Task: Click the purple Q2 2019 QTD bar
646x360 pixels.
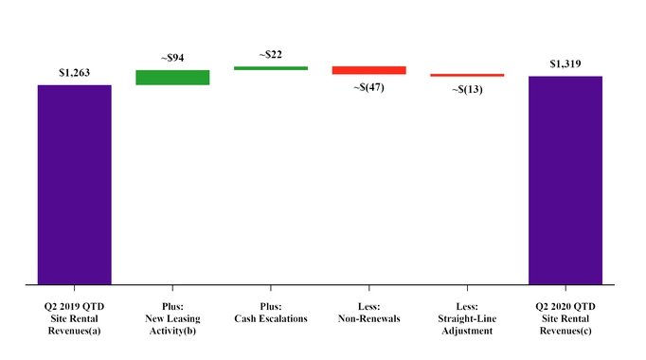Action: [x=75, y=185]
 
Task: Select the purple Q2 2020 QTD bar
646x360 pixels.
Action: [x=565, y=180]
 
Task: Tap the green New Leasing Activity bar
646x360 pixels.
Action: [x=172, y=78]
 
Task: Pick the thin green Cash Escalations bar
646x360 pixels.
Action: [x=271, y=68]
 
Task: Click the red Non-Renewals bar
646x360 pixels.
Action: [x=368, y=70]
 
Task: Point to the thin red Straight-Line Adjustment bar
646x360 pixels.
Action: [x=467, y=75]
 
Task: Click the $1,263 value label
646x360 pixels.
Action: [x=75, y=72]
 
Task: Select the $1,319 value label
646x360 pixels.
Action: [x=565, y=63]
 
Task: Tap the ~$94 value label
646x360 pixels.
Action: [x=172, y=58]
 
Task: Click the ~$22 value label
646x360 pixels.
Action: [x=271, y=54]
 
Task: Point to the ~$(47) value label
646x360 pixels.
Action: [x=368, y=87]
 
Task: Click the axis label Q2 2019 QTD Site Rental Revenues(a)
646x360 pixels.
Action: [x=75, y=318]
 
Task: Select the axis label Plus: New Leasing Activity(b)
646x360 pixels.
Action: [x=172, y=318]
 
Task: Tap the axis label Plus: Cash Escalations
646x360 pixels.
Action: [x=271, y=313]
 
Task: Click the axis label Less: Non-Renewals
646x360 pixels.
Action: [x=368, y=313]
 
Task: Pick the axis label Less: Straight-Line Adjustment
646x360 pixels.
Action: [x=467, y=318]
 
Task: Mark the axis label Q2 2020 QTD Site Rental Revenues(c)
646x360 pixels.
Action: [x=565, y=318]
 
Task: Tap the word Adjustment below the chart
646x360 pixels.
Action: [x=467, y=331]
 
